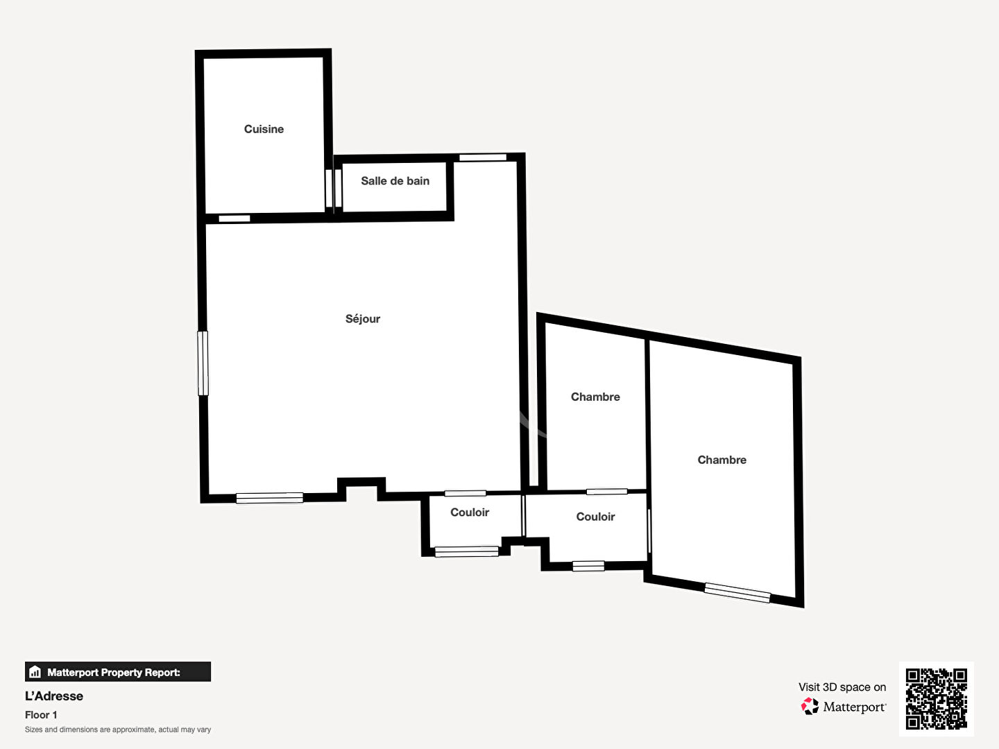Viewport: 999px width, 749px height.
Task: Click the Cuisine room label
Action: [x=264, y=129]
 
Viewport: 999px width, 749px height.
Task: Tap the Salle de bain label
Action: [x=395, y=181]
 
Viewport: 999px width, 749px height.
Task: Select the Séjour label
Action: [x=363, y=319]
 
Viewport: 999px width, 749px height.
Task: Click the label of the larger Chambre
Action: [x=721, y=460]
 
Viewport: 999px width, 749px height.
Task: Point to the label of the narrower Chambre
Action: [x=595, y=397]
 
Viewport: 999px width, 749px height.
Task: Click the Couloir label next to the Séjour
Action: [x=470, y=513]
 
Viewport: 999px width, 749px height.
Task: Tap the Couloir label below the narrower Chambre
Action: [x=595, y=517]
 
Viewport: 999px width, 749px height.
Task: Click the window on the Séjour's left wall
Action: [x=203, y=363]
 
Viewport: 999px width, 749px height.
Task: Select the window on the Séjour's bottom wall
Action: [x=269, y=498]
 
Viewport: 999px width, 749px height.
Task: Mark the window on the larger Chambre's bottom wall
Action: [x=737, y=592]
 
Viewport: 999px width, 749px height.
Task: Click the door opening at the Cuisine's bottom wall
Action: [x=234, y=218]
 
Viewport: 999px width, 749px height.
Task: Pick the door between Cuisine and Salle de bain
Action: [x=334, y=188]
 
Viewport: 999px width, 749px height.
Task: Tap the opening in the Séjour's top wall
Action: [x=483, y=157]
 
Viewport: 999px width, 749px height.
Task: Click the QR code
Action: [x=936, y=699]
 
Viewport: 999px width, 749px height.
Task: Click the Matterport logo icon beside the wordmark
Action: [x=810, y=706]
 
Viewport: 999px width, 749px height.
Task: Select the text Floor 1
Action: [x=41, y=715]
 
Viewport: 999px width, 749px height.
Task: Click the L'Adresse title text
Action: [x=53, y=696]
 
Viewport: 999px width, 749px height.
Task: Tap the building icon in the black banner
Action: [x=35, y=672]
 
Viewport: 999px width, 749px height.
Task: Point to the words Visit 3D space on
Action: [x=842, y=687]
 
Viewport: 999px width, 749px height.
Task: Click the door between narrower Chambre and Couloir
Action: [x=606, y=492]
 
